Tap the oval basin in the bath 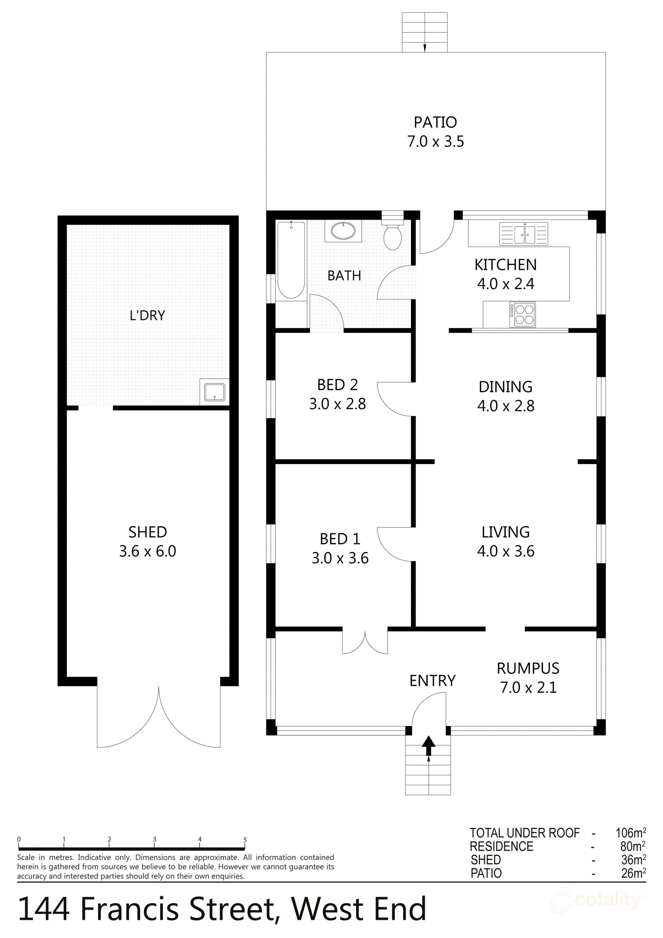[x=343, y=231]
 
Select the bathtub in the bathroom [x=291, y=260]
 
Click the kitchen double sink [x=523, y=234]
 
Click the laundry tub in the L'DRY [x=214, y=392]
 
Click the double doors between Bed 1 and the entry [x=365, y=642]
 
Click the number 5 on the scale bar [x=245, y=840]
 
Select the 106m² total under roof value [x=630, y=833]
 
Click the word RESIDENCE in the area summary [x=501, y=846]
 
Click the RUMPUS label [x=528, y=668]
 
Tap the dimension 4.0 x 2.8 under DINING [x=506, y=406]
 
